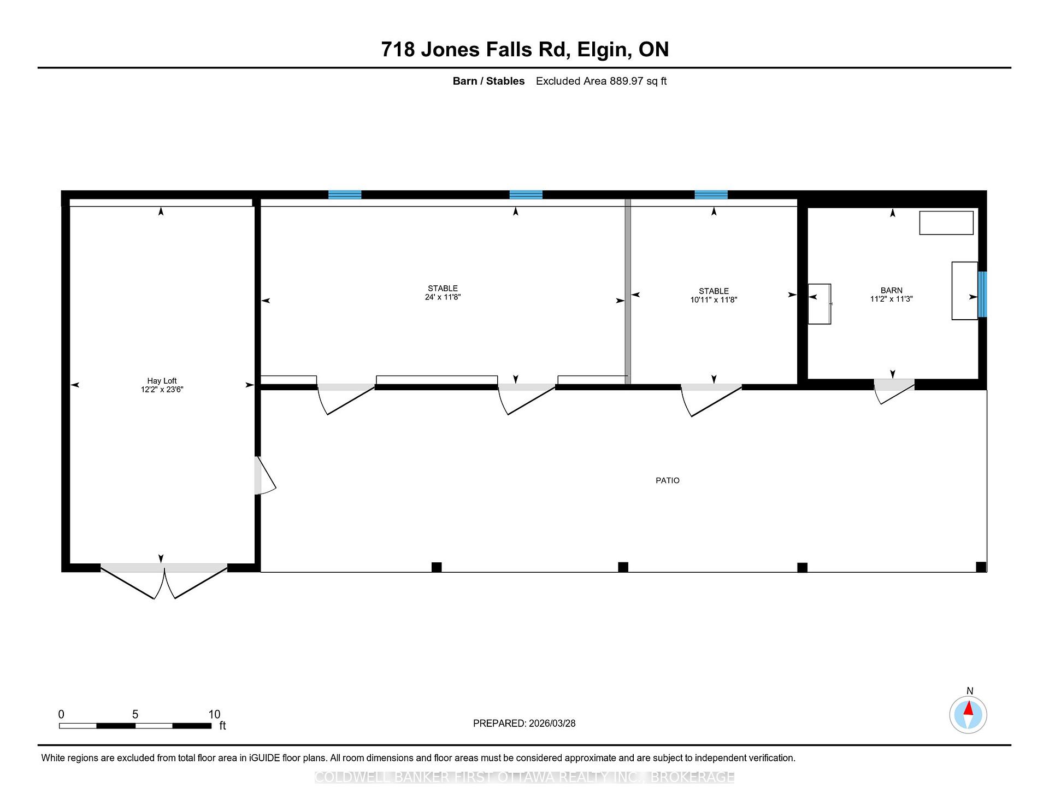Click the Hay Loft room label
pyautogui.click(x=162, y=381)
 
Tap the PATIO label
pyautogui.click(x=668, y=480)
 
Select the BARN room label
pyautogui.click(x=892, y=290)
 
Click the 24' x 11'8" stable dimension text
pyautogui.click(x=443, y=297)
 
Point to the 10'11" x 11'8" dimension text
pyautogui.click(x=714, y=300)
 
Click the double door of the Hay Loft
pyautogui.click(x=164, y=581)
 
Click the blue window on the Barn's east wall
pyautogui.click(x=982, y=294)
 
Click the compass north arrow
pyautogui.click(x=968, y=709)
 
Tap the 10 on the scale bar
pyautogui.click(x=214, y=714)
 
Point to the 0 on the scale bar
pyautogui.click(x=61, y=714)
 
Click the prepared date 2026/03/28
pyautogui.click(x=552, y=724)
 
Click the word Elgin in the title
pyautogui.click(x=601, y=50)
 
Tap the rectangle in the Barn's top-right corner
pyautogui.click(x=946, y=223)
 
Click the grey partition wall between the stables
pyautogui.click(x=628, y=291)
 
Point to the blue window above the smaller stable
pyautogui.click(x=711, y=195)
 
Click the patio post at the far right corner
pyautogui.click(x=981, y=567)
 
